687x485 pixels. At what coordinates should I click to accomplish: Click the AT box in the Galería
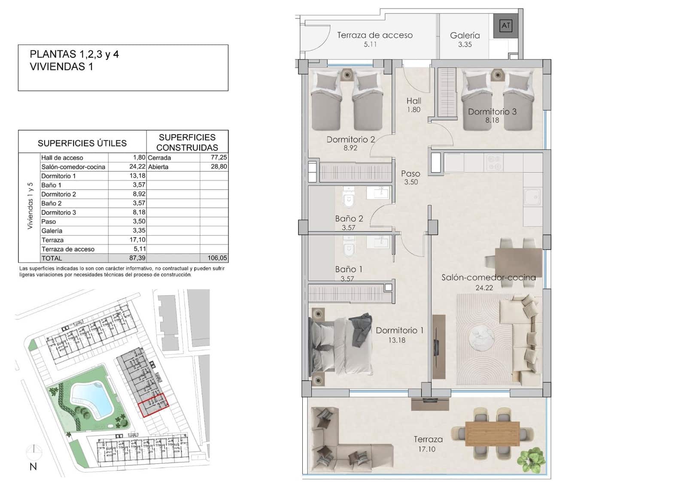coord(506,26)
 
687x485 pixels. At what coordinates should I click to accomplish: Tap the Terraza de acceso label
coord(374,35)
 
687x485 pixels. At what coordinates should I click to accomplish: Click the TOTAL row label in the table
coord(52,258)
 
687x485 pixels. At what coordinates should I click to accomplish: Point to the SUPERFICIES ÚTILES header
coord(82,143)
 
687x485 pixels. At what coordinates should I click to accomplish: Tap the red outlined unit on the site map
coord(153,405)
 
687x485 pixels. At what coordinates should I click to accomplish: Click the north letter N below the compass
coord(33,467)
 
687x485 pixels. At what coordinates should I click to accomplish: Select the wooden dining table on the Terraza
coord(492,433)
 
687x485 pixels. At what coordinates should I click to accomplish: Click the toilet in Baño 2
coord(348,199)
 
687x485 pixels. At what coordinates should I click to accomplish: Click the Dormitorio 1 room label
coord(399,330)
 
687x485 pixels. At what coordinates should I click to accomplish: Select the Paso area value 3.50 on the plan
coord(410,182)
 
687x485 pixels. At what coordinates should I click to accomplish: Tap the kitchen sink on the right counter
coord(533,198)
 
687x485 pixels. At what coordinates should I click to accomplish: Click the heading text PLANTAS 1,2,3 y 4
coord(74,54)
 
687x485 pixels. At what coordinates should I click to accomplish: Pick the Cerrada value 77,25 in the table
coord(219,158)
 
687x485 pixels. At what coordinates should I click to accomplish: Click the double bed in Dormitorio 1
coord(339,346)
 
